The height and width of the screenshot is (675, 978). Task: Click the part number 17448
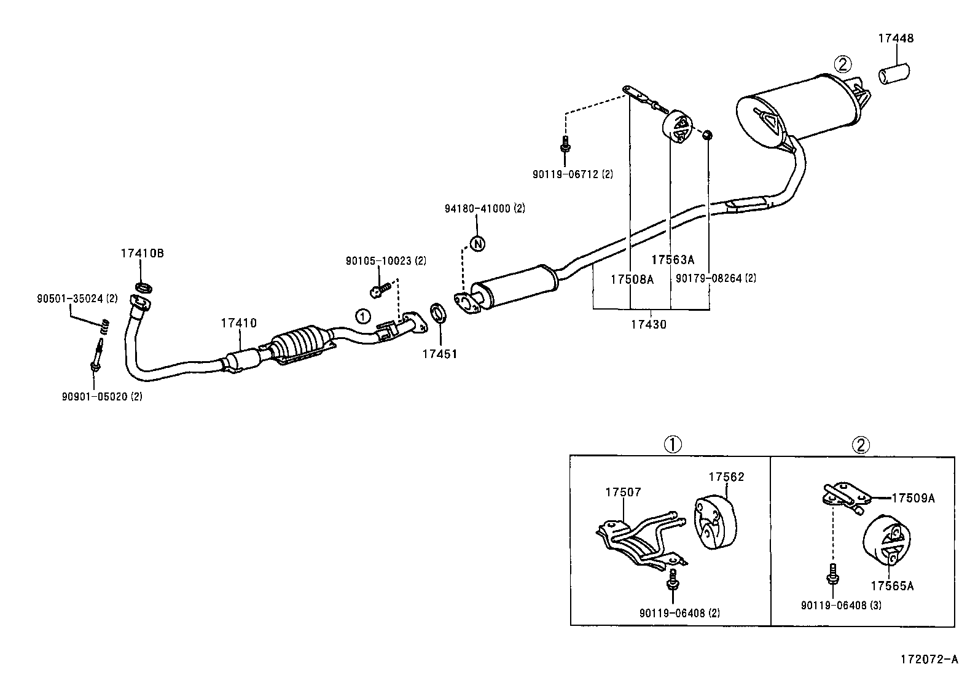click(896, 38)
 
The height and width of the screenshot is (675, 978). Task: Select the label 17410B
click(142, 253)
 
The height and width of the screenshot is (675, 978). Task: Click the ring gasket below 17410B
click(143, 287)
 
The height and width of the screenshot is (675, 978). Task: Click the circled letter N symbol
click(477, 243)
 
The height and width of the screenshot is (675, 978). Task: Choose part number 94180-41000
click(478, 208)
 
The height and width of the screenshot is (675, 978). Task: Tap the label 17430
click(648, 324)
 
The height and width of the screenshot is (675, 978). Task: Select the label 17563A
click(673, 260)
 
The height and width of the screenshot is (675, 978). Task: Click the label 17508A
click(632, 279)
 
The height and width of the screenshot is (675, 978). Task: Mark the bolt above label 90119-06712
click(565, 145)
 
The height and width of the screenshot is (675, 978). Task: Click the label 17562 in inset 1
click(726, 477)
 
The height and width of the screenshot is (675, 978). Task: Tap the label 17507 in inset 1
click(623, 492)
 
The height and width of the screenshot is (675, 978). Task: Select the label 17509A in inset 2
click(913, 498)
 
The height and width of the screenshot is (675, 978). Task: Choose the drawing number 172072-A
click(929, 660)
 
